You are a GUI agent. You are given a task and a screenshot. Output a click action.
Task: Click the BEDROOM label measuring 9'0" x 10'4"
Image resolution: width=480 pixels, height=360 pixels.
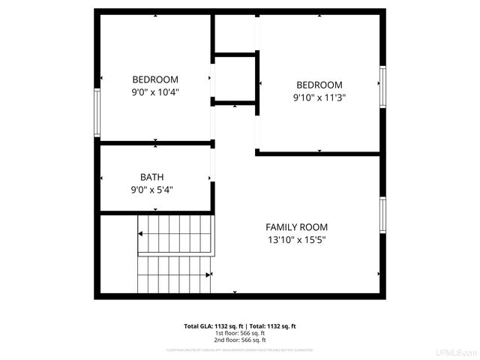tap(155, 79)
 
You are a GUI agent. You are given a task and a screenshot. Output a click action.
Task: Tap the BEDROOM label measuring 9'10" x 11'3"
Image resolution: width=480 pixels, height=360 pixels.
tap(319, 85)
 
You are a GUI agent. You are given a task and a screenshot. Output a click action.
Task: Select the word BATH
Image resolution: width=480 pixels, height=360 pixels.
tap(151, 177)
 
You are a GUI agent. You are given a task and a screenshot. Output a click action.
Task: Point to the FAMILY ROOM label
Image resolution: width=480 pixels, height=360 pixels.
tap(296, 226)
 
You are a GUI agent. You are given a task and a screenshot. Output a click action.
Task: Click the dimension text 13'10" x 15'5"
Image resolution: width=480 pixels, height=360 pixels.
tap(296, 240)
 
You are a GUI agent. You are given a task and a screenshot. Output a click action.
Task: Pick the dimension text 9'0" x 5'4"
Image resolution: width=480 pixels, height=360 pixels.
tap(151, 190)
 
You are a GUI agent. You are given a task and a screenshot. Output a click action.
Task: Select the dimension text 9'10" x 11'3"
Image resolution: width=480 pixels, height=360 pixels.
tap(319, 97)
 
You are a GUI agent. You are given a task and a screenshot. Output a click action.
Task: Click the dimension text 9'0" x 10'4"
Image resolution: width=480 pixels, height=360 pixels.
tap(155, 92)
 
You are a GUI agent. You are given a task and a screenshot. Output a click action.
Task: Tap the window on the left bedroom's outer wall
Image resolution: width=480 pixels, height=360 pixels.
tap(97, 112)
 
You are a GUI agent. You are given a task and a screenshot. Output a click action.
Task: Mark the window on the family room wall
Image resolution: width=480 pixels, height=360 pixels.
tap(382, 214)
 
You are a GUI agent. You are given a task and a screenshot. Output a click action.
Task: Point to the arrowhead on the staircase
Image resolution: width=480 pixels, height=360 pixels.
tap(141, 234)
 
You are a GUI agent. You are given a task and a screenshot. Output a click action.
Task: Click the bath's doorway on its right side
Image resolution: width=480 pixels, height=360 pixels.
tap(212, 178)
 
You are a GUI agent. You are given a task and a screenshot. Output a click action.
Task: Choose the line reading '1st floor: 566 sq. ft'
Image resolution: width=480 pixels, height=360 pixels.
tap(240, 332)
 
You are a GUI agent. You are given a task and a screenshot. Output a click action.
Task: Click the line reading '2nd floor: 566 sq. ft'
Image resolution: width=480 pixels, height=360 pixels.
tap(240, 339)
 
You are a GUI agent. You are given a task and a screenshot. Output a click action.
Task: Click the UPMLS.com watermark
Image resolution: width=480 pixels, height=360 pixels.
tap(457, 352)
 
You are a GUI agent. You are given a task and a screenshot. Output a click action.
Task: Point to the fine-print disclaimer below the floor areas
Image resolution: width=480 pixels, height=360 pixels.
tap(240, 349)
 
